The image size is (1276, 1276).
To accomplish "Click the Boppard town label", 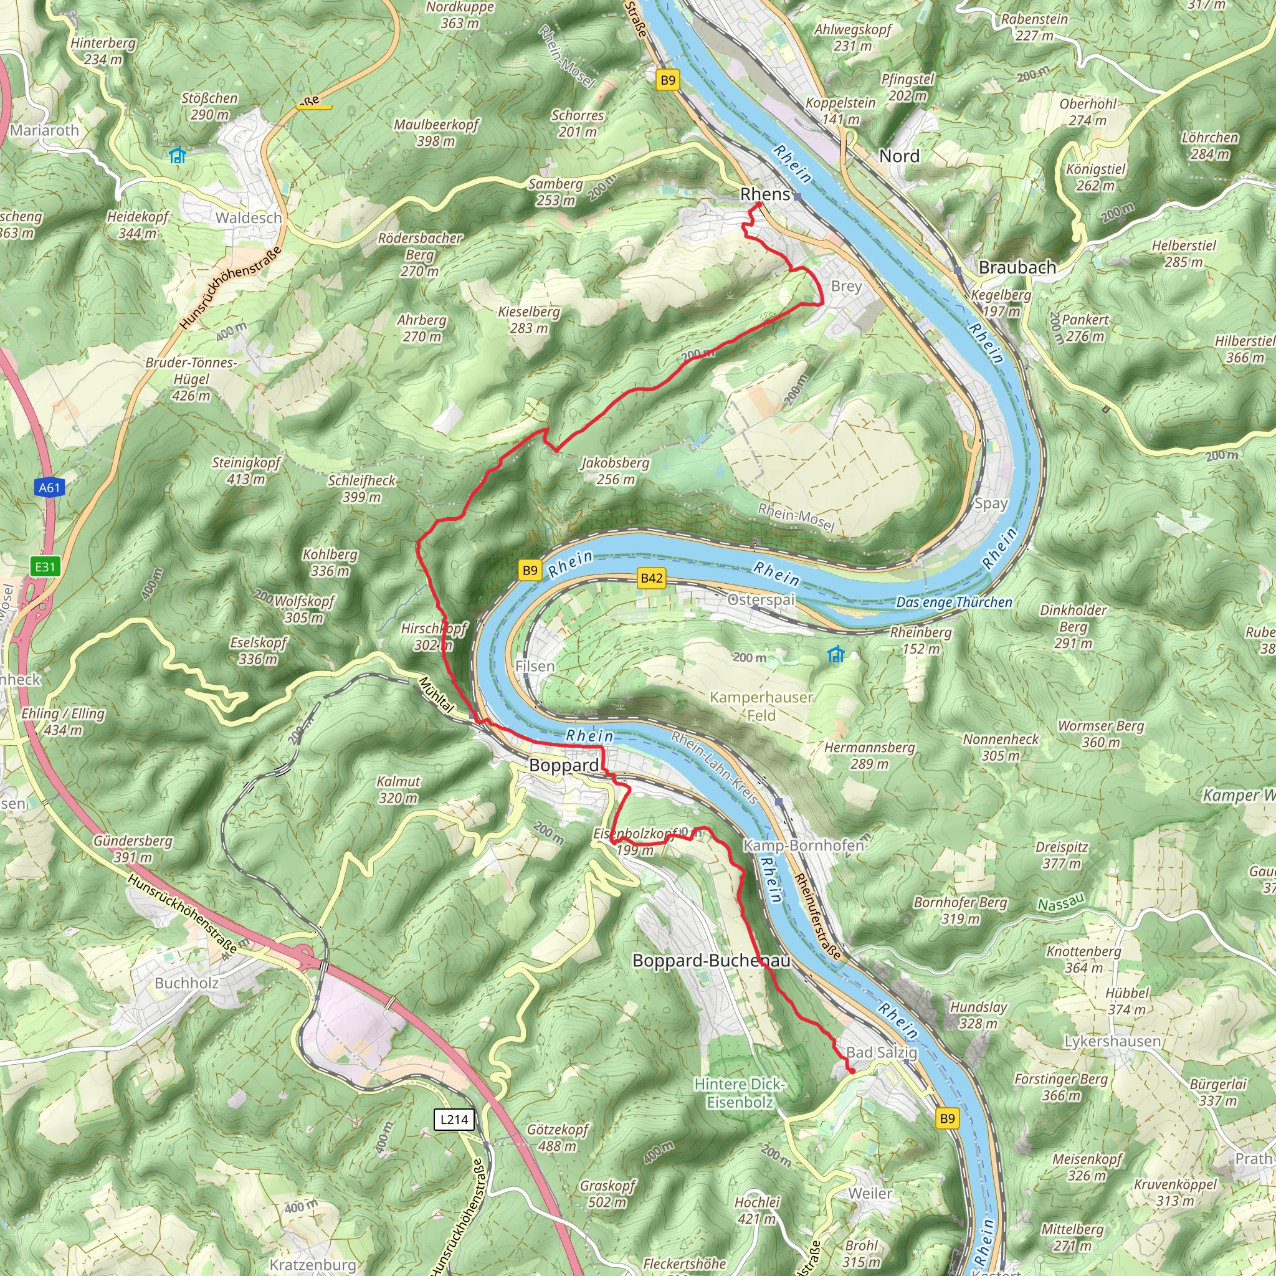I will point(564,766).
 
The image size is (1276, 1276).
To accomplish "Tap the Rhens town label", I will point(765,194).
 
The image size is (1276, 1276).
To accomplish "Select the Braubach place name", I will point(1017,267).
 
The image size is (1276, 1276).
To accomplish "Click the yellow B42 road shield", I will point(651,578).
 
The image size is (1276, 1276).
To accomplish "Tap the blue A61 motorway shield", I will point(50,488).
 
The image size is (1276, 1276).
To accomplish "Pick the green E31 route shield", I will point(45,567).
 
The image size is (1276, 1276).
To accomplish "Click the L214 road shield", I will point(454,1119).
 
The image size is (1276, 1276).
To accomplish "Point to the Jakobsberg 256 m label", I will point(616,471).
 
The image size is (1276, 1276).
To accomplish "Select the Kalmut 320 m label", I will point(398,789).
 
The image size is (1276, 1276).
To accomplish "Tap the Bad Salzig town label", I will point(882,1052).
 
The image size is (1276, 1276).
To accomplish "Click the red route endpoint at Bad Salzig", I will point(851,1071).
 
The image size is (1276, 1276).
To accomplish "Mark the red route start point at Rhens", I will point(759,206).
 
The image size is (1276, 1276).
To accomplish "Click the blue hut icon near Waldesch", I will point(177,155).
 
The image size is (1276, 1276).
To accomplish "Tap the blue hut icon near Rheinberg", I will point(836,655).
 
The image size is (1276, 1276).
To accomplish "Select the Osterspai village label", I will point(761,600).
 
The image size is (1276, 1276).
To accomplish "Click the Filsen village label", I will point(535,667).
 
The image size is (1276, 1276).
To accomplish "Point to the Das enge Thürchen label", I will point(954,602).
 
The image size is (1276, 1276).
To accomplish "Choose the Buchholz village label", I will point(186,983).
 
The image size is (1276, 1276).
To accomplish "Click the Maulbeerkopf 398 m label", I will point(436,132).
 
